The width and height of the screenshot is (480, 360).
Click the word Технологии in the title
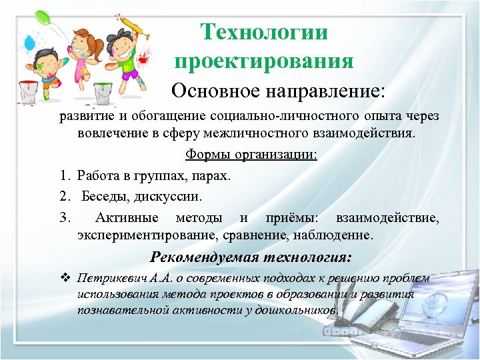point(265,32)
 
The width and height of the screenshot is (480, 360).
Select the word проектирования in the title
point(263,61)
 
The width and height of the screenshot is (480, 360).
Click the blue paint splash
point(30,44)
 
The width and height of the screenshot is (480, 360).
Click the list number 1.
point(64,176)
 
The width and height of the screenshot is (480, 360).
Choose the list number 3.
point(64,217)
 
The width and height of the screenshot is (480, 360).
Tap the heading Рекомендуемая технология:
point(251,257)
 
